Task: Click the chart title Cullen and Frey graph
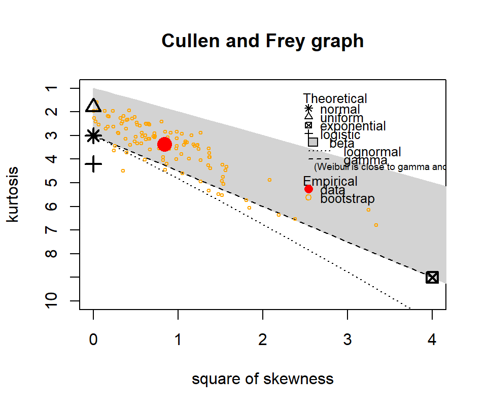click(262, 41)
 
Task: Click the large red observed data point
click(164, 145)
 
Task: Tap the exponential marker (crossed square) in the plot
click(432, 277)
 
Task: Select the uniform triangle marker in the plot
click(93, 106)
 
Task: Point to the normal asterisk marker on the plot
click(93, 135)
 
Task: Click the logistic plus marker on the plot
click(93, 164)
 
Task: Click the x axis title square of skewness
click(262, 379)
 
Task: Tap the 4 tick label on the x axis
click(432, 341)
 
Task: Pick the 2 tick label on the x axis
click(262, 341)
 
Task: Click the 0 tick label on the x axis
click(93, 341)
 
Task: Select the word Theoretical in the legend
click(335, 98)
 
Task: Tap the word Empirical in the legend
click(330, 181)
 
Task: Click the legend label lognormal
click(372, 152)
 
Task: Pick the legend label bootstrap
click(347, 198)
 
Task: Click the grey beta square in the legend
click(313, 142)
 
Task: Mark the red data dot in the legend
click(308, 189)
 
